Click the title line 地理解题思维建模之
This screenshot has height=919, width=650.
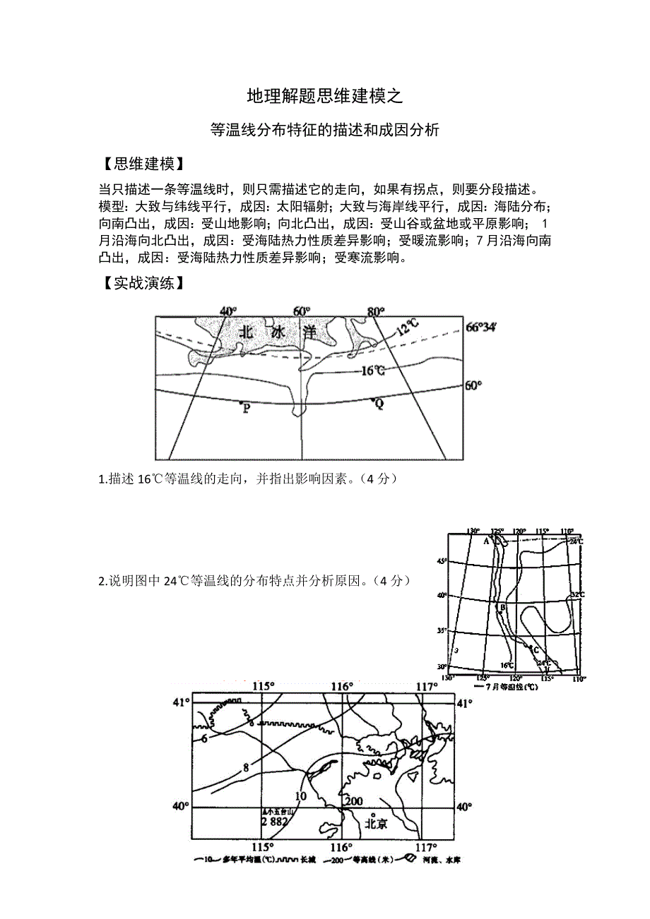click(x=325, y=97)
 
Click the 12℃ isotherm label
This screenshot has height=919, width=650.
click(x=408, y=328)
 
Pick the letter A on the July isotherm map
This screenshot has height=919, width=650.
click(x=486, y=542)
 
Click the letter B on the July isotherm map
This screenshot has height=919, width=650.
click(x=502, y=608)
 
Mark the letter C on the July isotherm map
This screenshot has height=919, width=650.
click(x=536, y=650)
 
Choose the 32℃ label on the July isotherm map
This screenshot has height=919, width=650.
click(x=577, y=595)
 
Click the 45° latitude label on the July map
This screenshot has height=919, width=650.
click(x=442, y=561)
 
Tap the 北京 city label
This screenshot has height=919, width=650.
click(x=376, y=824)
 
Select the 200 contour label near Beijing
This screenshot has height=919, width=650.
click(x=353, y=801)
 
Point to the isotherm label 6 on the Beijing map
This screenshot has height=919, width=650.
click(x=203, y=738)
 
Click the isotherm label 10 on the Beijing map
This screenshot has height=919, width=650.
click(x=300, y=796)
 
